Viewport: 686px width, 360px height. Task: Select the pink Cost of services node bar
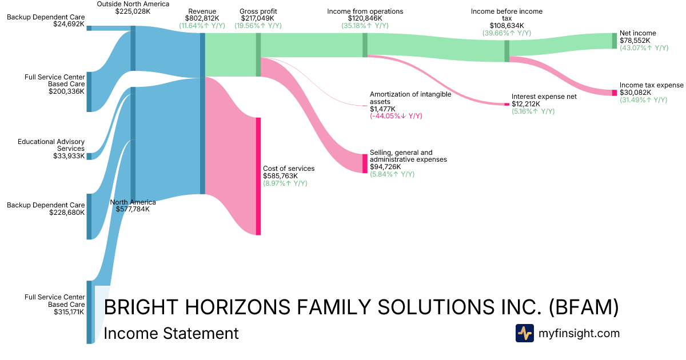coord(258,177)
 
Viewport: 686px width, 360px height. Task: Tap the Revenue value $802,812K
coord(202,18)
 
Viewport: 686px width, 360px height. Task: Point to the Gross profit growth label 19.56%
coord(258,26)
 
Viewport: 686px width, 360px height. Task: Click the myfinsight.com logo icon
coord(525,333)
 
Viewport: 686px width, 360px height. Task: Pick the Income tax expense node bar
coord(615,93)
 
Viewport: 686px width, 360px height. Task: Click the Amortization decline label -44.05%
coord(396,116)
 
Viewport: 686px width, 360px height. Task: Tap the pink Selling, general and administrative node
coord(365,164)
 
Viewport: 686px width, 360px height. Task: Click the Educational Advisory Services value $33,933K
coord(69,156)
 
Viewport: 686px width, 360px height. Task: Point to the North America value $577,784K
coord(133,209)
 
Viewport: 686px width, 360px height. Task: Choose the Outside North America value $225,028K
coord(133,11)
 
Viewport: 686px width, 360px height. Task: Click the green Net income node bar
coord(615,41)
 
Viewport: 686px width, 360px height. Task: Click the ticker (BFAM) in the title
coord(584,307)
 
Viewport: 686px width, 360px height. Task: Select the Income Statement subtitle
coord(171,333)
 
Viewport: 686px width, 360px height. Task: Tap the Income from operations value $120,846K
coord(365,18)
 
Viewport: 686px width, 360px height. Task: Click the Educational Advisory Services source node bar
coord(89,157)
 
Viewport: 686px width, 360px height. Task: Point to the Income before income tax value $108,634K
coord(506,26)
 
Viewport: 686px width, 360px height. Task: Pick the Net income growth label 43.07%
coord(644,48)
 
